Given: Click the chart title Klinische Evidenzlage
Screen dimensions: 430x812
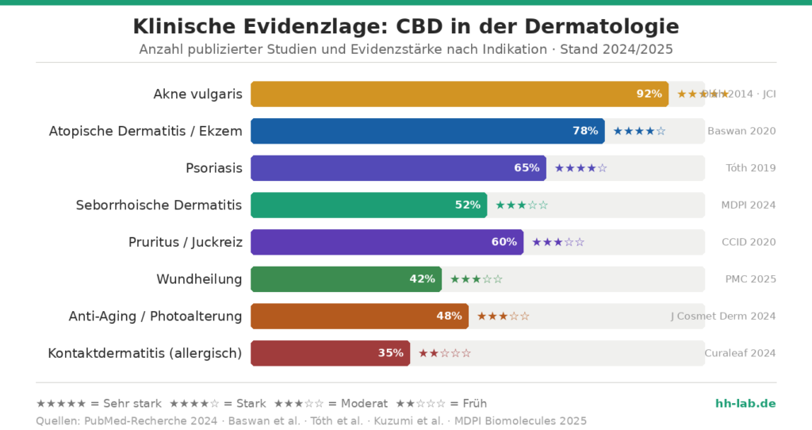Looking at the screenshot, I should point(405,26).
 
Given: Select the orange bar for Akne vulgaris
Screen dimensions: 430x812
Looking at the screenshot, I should point(459,94).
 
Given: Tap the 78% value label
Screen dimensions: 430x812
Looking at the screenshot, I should point(585,131).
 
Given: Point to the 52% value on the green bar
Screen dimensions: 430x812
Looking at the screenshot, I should point(467,205).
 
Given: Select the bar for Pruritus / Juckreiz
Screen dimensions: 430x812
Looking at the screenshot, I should point(387,242).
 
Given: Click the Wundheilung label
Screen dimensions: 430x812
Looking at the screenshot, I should point(199,278).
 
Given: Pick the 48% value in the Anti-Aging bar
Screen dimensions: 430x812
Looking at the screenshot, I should point(449,316).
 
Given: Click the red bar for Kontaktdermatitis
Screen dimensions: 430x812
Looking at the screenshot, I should point(330,353).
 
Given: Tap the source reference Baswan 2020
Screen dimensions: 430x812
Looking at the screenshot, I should point(741,131).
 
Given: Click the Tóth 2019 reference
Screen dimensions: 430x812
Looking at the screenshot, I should point(751,167).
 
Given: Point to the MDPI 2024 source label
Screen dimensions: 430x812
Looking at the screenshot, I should point(749,205).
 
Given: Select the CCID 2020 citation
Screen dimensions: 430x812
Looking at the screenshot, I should point(749,242).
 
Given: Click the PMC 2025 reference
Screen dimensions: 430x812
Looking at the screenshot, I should point(750,278).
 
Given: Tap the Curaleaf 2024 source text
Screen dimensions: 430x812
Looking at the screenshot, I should point(740,353).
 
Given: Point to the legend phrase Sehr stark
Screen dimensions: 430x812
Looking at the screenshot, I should point(133,403).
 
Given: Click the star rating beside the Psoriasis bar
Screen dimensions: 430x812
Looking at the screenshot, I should point(580,167).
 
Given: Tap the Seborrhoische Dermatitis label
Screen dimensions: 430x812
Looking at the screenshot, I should point(159,205).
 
